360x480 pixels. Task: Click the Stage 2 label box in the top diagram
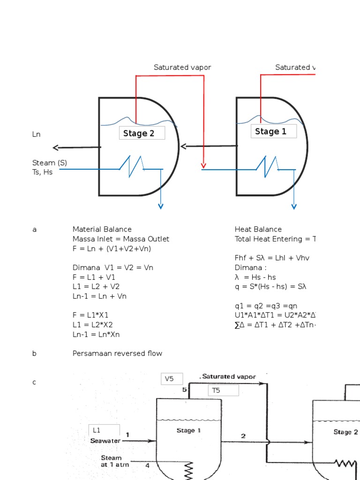coord(142,133)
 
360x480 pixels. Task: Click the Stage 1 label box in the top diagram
coord(274,132)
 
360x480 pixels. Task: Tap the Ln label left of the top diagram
coord(36,135)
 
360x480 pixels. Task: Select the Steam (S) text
coord(50,163)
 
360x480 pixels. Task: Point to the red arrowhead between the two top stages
coord(203,165)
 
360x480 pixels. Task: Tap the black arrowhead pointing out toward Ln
coord(56,148)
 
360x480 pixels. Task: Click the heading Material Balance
coord(102,229)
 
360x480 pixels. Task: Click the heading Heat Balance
coord(258,229)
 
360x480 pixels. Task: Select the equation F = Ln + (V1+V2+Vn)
coord(112,248)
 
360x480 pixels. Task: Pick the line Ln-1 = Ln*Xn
coord(99,334)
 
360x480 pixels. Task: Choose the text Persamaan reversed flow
coord(118,353)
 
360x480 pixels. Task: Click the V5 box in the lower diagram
coord(172,379)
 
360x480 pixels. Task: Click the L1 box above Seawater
coord(104,430)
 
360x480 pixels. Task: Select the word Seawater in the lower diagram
coord(105,441)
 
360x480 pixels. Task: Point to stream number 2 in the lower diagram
coord(243,436)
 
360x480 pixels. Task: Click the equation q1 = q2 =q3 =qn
coord(267,306)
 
